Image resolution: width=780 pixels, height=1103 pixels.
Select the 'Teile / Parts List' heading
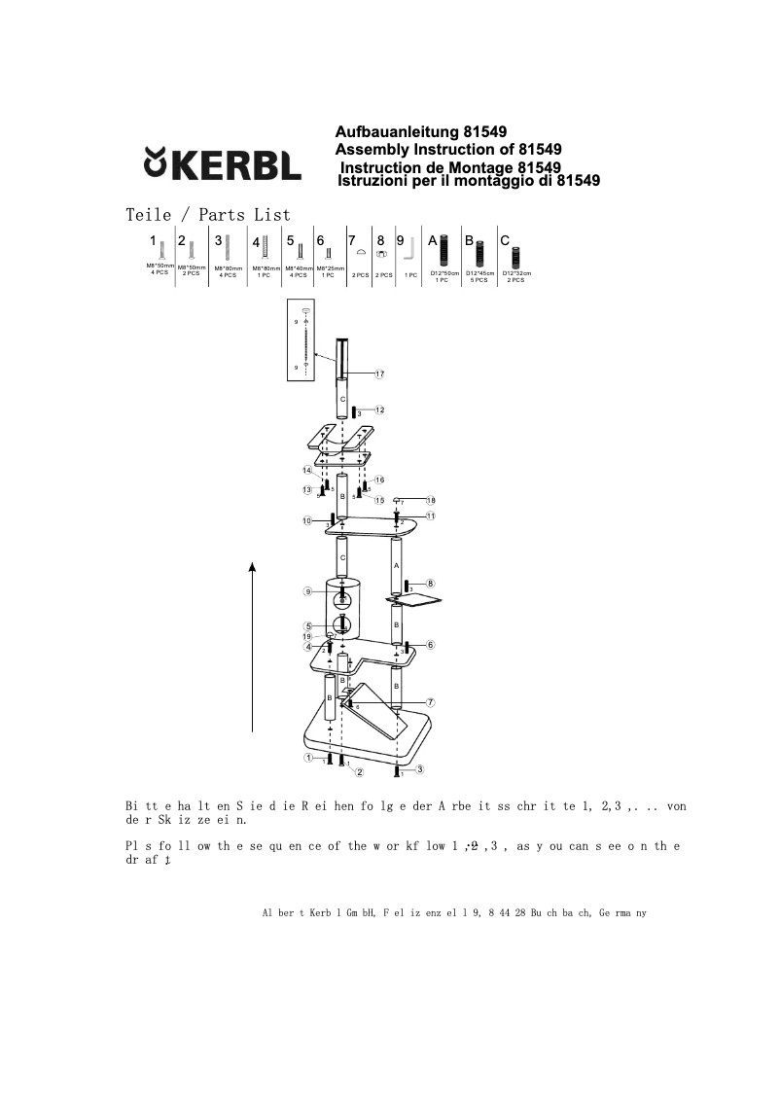point(208,214)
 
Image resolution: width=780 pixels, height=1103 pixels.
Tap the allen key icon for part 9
point(410,249)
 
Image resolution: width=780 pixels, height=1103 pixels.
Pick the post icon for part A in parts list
point(444,251)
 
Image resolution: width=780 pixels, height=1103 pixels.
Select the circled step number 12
point(379,409)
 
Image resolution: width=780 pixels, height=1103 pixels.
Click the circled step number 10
point(307,521)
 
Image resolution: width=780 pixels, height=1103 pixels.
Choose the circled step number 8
point(430,584)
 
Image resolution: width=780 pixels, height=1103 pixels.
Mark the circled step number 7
point(430,701)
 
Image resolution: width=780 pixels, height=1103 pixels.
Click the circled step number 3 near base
point(419,769)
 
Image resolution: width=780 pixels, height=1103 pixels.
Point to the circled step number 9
point(307,591)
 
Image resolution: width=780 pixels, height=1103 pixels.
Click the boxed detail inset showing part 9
point(310,343)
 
